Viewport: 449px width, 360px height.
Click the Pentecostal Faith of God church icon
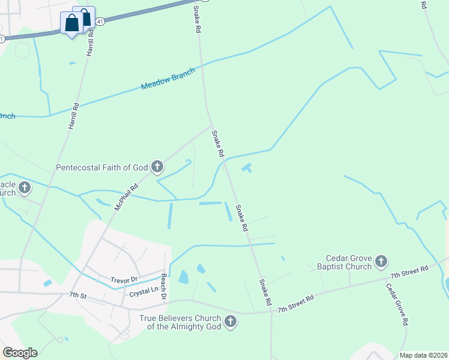pos(157,167)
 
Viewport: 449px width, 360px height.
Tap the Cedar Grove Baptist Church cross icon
pos(381,261)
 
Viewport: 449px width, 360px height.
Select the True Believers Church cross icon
pos(229,323)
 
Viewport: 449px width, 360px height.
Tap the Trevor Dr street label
pos(124,280)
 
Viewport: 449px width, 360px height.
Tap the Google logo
pos(20,353)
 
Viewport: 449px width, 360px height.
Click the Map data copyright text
pos(423,355)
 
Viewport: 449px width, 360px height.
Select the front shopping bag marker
pos(72,23)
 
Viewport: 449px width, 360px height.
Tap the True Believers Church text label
pos(180,323)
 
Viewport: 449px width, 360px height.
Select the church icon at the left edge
pos(24,188)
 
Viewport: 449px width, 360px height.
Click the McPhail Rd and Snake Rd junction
pos(212,126)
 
